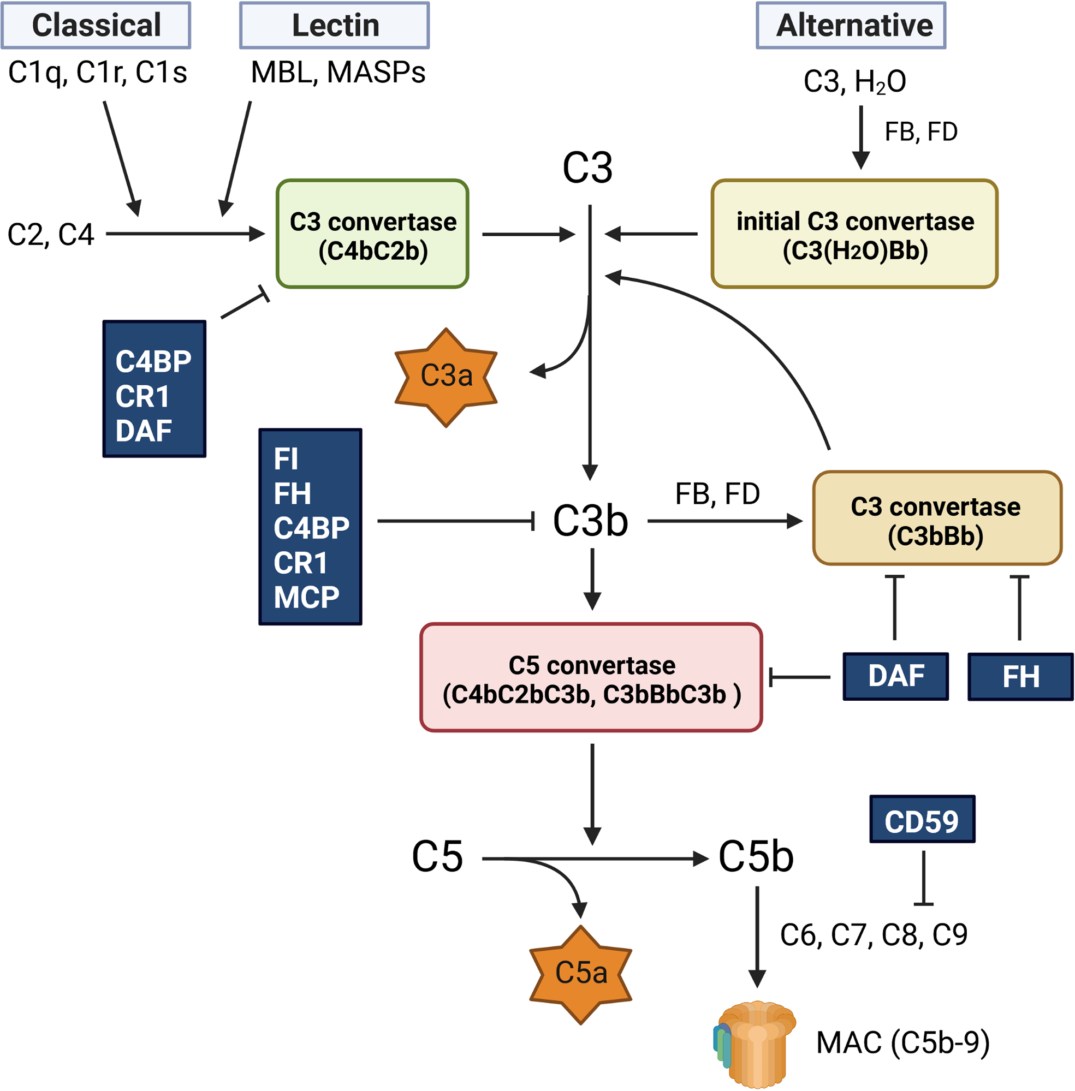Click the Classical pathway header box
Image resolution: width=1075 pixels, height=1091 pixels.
96,26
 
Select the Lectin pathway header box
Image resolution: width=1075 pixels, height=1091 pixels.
334,26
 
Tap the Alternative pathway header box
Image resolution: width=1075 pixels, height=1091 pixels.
851,26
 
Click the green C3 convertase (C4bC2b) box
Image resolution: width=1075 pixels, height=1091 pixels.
373,234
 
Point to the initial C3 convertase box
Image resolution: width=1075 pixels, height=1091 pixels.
854,234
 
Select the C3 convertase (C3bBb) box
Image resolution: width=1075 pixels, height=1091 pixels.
937,518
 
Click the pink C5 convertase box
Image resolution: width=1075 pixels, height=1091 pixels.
591,677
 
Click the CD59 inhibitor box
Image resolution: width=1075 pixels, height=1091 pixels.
922,819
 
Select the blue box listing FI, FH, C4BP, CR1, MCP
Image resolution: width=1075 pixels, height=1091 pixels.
310,527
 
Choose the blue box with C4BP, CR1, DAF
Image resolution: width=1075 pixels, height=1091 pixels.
154,389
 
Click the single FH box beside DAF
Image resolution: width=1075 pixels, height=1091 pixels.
1020,677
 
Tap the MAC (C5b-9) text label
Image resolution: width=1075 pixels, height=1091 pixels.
902,1042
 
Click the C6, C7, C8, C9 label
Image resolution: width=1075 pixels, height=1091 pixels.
874,935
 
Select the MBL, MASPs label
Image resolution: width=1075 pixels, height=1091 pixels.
337,72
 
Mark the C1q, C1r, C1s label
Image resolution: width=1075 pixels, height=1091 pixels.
97,72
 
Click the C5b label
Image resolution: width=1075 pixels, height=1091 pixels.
756,857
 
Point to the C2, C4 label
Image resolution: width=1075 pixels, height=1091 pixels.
50,234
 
